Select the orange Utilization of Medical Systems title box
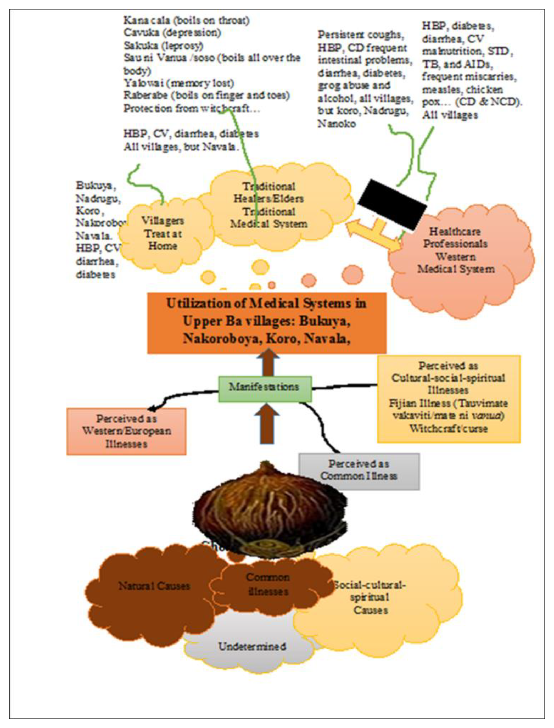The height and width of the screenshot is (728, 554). (266, 322)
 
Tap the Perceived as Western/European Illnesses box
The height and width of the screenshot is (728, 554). (126, 431)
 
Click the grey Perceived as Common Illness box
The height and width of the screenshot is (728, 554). (359, 471)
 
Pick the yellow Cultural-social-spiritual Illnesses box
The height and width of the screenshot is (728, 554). (449, 398)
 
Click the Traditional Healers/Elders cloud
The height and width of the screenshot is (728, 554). (269, 205)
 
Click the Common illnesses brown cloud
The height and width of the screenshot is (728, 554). (268, 584)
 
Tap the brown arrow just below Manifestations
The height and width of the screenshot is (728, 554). (266, 425)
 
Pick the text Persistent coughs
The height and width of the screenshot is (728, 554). (360, 35)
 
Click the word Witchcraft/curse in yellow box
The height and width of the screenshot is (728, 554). (448, 428)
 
